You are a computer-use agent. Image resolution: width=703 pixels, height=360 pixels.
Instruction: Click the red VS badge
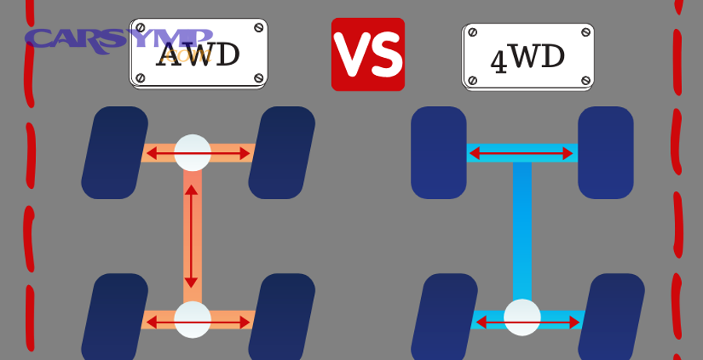tap(368, 55)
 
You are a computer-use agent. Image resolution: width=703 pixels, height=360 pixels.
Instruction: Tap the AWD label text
tap(198, 55)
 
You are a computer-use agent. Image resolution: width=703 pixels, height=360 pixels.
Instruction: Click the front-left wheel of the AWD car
tap(115, 152)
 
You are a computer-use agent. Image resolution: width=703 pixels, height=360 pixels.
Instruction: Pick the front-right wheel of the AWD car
tap(281, 152)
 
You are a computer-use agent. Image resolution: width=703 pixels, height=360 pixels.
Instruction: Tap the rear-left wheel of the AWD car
tap(115, 316)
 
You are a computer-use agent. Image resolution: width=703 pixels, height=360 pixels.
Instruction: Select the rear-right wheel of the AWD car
tap(281, 316)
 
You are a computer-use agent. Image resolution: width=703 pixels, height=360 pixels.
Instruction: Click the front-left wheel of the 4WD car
tap(438, 152)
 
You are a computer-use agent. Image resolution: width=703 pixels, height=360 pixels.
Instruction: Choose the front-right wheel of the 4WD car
tap(605, 152)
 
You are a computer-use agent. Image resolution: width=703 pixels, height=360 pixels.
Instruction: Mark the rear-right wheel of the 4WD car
tap(611, 316)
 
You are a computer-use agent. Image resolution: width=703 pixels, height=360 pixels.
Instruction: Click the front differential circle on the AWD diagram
tap(192, 153)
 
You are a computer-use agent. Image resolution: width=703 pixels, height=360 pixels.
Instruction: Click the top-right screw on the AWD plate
tap(259, 27)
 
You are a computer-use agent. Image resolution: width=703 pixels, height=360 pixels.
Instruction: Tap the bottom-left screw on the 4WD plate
tap(473, 80)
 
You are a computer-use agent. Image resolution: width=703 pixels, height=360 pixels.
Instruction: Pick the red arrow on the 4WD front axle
tap(522, 154)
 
